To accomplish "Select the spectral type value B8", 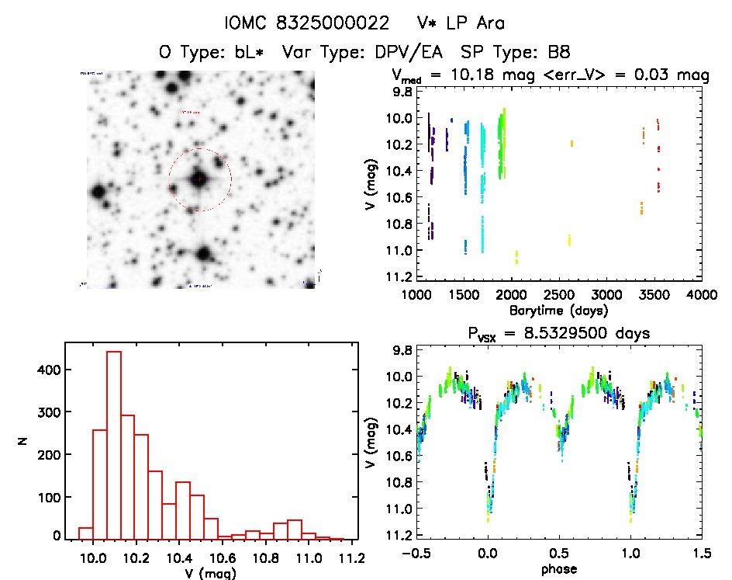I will click(556, 53).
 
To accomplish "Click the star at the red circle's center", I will click(199, 179).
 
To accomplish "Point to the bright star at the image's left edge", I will click(98, 192).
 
